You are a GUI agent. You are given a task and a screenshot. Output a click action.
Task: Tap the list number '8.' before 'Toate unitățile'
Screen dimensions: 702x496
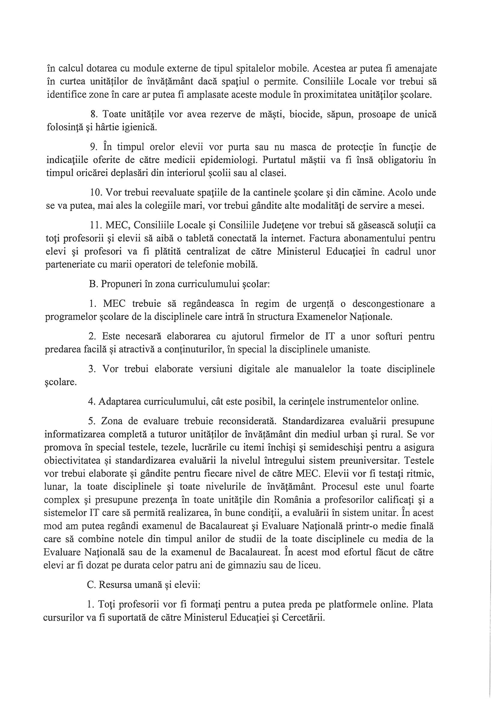(94, 115)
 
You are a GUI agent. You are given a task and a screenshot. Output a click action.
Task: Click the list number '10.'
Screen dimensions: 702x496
(96, 193)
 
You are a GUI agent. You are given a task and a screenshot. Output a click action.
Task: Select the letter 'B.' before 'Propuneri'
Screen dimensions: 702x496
(93, 284)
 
